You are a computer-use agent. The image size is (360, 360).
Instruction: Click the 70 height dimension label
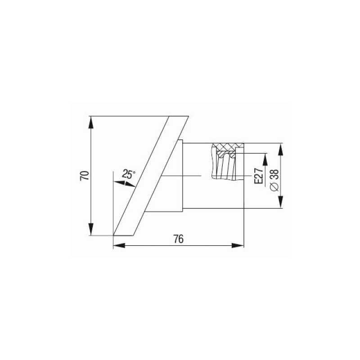[x=84, y=175]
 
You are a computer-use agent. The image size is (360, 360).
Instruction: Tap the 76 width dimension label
[x=179, y=239]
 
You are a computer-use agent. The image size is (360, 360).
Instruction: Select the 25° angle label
[x=129, y=174]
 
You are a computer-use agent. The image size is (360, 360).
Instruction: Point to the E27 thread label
[x=258, y=176]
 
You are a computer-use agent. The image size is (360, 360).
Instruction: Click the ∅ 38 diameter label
[x=274, y=180]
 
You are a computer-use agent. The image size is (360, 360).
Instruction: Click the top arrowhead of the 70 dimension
[x=91, y=122]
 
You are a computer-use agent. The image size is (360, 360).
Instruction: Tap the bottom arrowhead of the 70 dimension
[x=91, y=229]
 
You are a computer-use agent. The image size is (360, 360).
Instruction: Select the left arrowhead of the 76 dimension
[x=119, y=245]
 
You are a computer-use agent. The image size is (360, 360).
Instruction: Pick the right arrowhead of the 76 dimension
[x=238, y=245]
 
